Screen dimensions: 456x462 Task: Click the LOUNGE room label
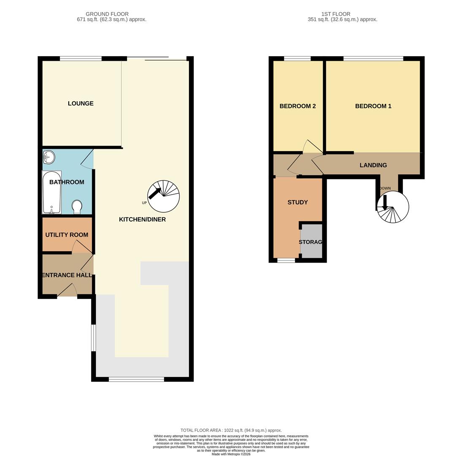pyautogui.click(x=81, y=103)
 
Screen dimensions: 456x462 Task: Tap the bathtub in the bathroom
pyautogui.click(x=51, y=192)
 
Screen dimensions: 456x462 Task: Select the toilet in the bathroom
pyautogui.click(x=77, y=206)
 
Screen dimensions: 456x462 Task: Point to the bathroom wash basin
pyautogui.click(x=49, y=157)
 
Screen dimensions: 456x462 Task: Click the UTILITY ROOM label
pyautogui.click(x=67, y=235)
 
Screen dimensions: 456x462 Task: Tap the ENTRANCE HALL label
pyautogui.click(x=67, y=275)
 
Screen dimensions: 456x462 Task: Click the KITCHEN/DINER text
pyautogui.click(x=142, y=220)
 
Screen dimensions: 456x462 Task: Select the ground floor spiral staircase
pyautogui.click(x=164, y=196)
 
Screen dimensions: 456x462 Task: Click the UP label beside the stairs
pyautogui.click(x=144, y=203)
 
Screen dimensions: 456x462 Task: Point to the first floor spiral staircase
pyautogui.click(x=393, y=207)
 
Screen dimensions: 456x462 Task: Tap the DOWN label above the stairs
pyautogui.click(x=385, y=188)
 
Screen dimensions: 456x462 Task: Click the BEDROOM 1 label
pyautogui.click(x=373, y=106)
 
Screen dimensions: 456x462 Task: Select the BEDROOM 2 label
pyautogui.click(x=297, y=106)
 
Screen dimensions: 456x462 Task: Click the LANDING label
pyautogui.click(x=373, y=165)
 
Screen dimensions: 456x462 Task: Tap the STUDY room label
pyautogui.click(x=297, y=202)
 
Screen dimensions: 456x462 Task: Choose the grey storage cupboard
pyautogui.click(x=311, y=242)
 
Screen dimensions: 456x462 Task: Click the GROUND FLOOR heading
pyautogui.click(x=107, y=14)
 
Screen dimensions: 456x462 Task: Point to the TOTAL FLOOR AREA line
pyautogui.click(x=231, y=430)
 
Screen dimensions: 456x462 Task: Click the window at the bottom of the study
pyautogui.click(x=286, y=261)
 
